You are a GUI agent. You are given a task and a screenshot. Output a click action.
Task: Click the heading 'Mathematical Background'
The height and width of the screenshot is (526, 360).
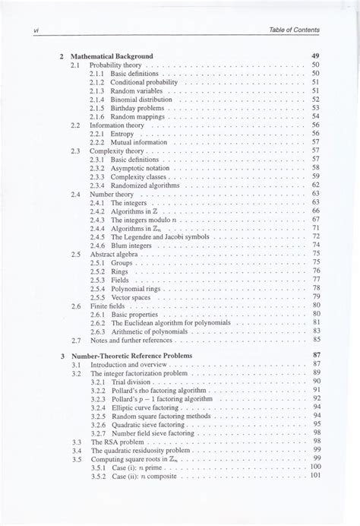(112, 56)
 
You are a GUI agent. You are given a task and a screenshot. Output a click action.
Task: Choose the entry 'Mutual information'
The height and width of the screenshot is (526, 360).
(140, 142)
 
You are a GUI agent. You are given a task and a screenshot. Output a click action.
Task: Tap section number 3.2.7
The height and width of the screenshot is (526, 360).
(96, 433)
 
